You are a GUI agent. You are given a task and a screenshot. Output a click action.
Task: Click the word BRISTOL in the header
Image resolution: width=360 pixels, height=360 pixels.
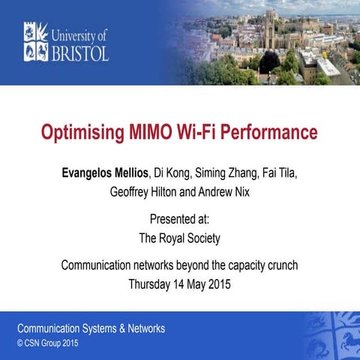tap(81, 52)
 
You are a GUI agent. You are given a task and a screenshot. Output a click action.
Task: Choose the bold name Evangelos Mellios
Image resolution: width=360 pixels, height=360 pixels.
tap(106, 173)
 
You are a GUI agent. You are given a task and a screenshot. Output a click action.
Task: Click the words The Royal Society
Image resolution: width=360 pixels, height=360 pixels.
tap(180, 238)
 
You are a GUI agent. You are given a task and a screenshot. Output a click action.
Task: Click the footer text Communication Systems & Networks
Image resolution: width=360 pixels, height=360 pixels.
tap(91, 328)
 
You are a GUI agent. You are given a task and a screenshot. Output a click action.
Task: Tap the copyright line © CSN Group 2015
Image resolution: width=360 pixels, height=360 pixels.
tap(46, 343)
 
